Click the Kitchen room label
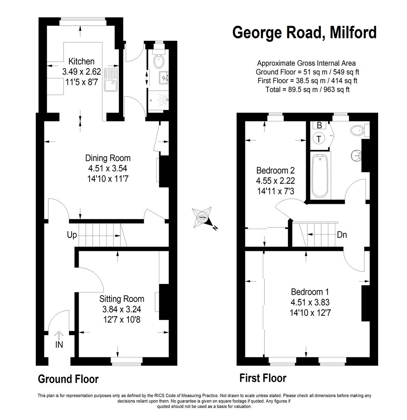81,61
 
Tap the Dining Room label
108,158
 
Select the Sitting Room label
122,299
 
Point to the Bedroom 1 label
310,292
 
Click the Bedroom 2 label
275,170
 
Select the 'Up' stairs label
72,235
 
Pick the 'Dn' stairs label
342,235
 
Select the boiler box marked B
319,125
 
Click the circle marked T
319,139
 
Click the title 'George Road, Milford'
305,32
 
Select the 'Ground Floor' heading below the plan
68,379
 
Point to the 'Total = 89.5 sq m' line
307,89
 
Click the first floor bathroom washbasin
356,155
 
